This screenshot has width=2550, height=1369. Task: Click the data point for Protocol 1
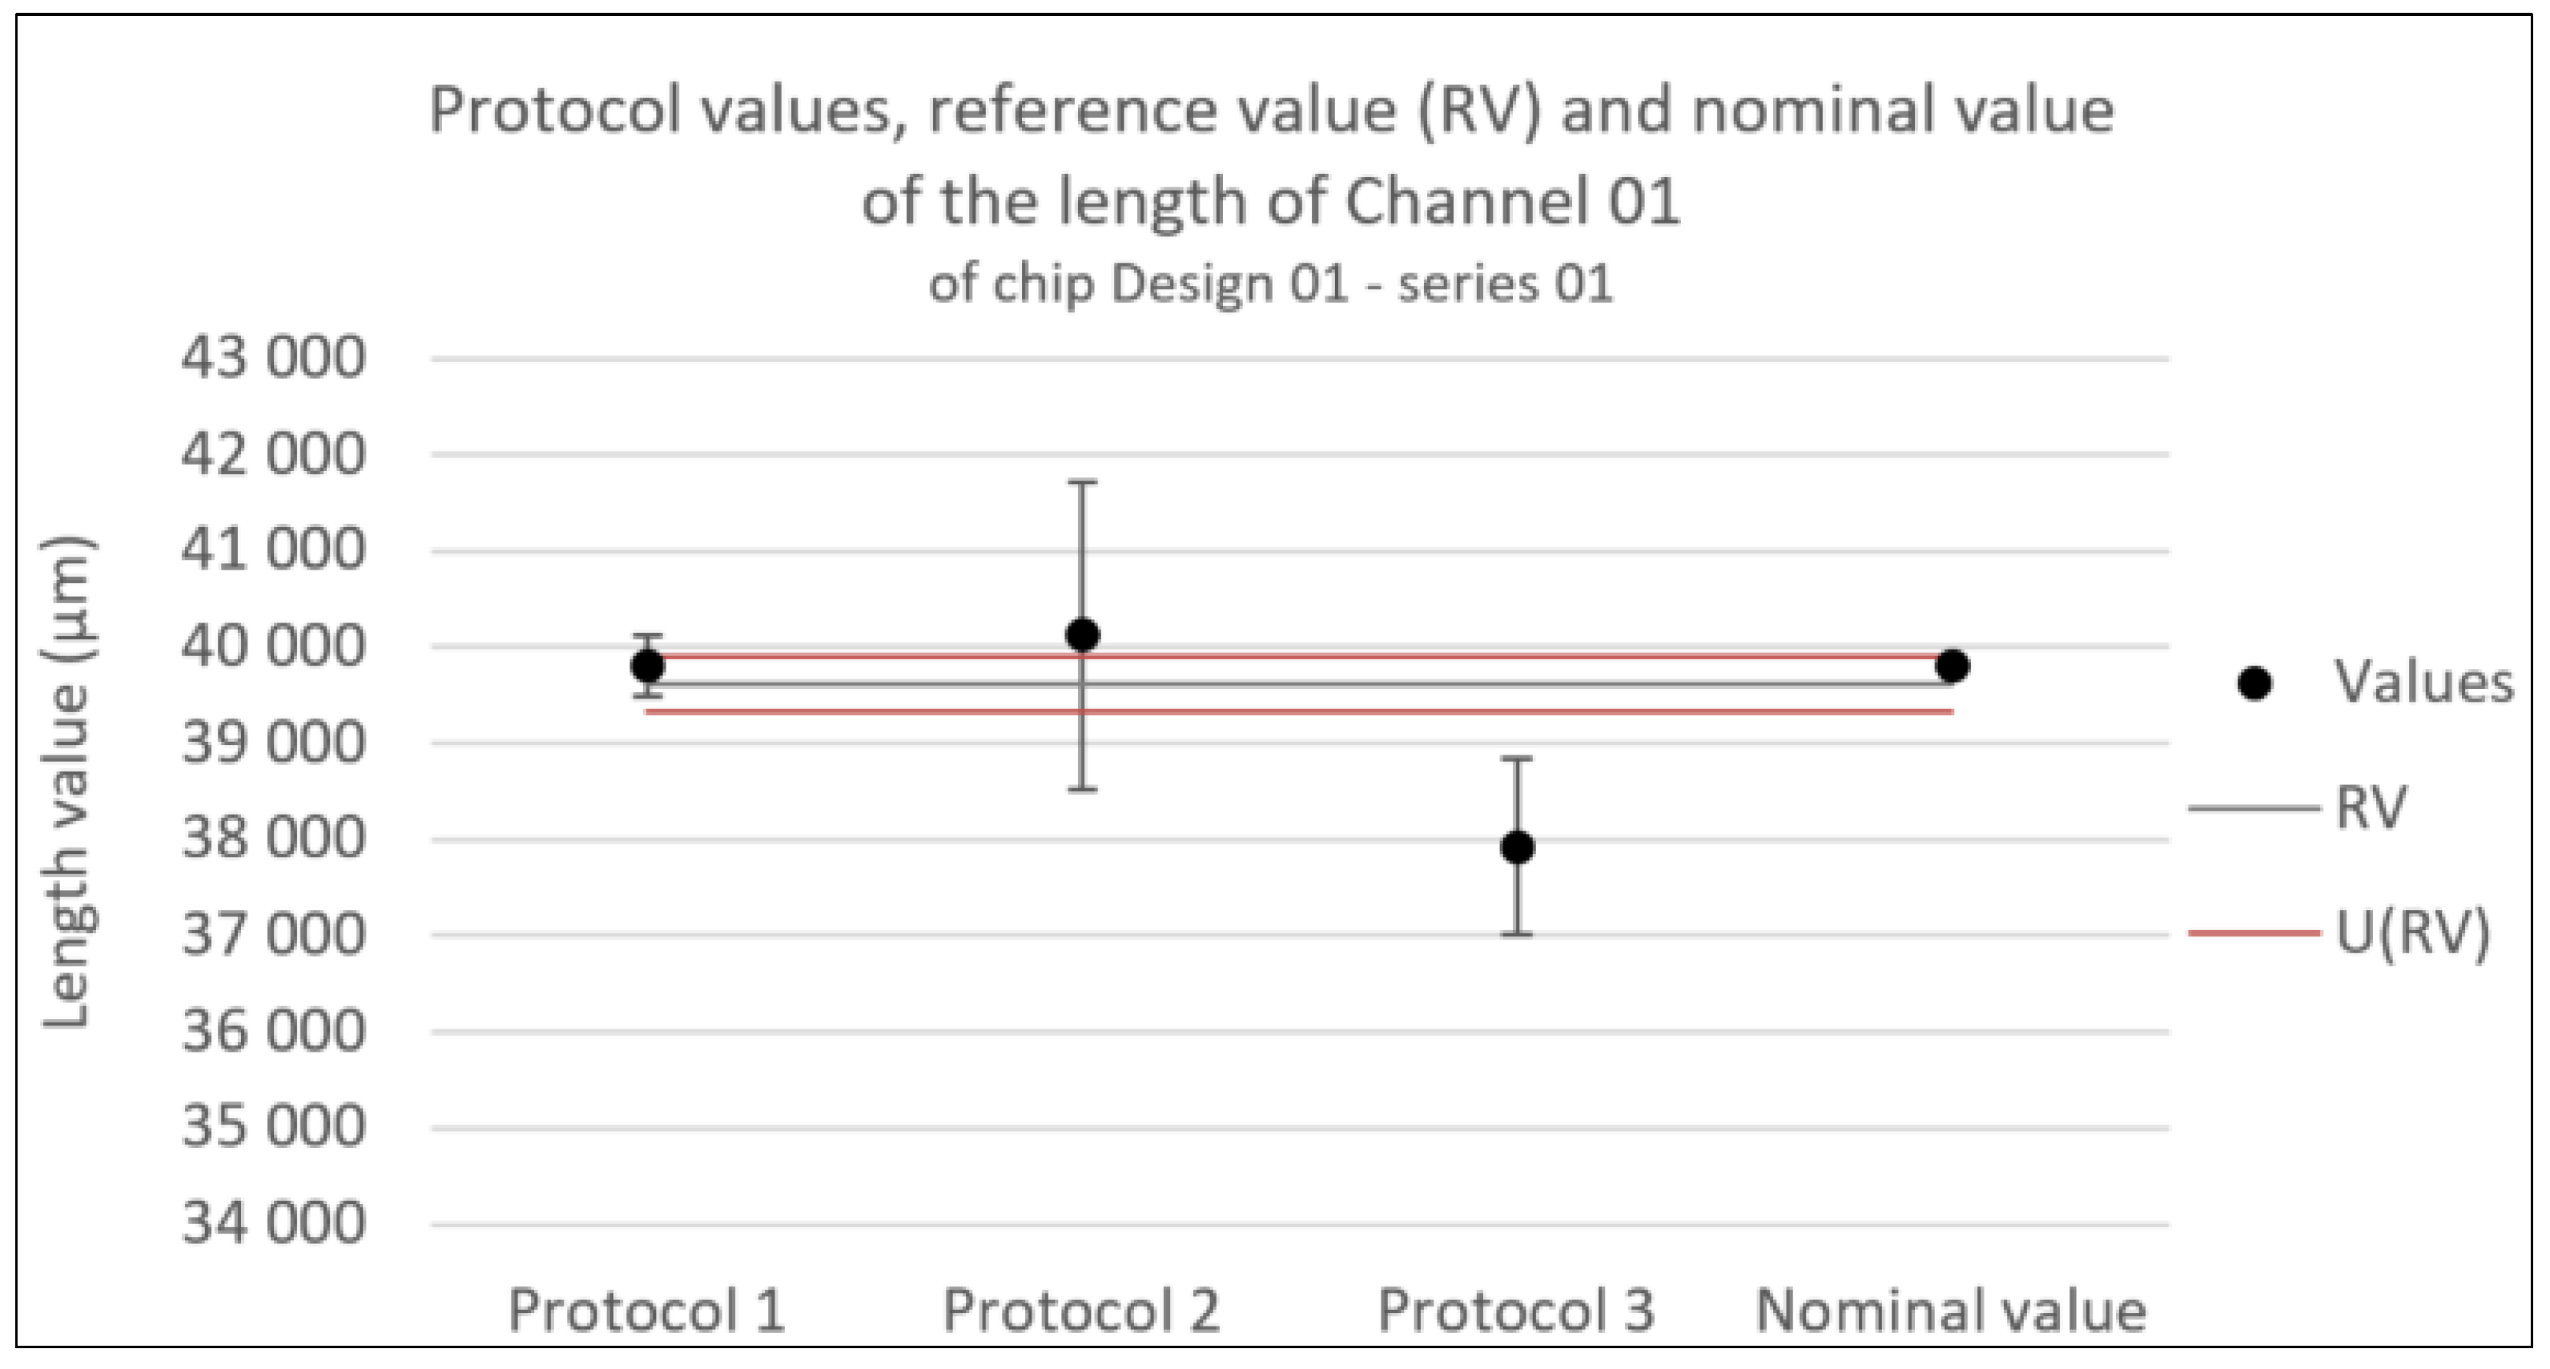(x=647, y=666)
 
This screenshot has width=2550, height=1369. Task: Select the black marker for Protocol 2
(x=1082, y=634)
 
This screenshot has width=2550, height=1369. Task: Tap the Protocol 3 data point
(x=1518, y=848)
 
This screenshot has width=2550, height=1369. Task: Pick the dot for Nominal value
(x=1952, y=666)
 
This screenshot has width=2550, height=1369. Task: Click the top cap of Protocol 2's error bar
(x=1082, y=482)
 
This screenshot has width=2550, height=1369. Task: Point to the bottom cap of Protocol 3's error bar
(x=1518, y=933)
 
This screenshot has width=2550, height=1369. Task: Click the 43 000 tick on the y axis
(x=273, y=357)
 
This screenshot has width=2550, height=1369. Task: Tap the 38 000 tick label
(x=273, y=839)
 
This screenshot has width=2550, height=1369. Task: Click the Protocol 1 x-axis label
(x=646, y=1310)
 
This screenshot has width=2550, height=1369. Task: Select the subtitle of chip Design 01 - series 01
(x=1271, y=284)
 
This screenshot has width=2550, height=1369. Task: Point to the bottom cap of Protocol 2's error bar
(x=1082, y=789)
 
